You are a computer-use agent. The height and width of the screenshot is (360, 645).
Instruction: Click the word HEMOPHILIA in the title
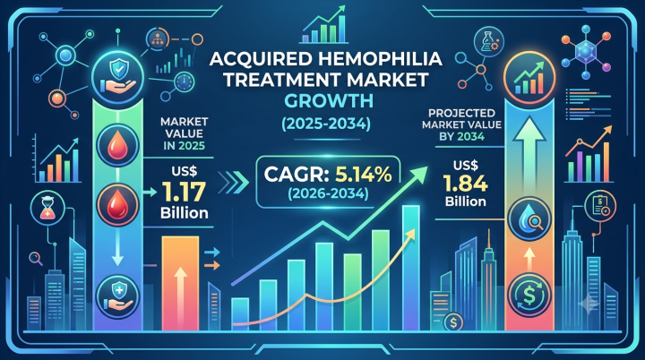[x=381, y=59]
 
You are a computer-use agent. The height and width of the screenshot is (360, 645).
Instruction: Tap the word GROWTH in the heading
[x=328, y=101]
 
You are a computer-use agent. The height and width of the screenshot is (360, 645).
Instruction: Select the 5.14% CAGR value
[x=364, y=175]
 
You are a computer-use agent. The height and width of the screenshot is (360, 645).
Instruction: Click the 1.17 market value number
[x=184, y=192]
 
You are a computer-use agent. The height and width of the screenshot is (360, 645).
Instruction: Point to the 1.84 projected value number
[x=465, y=184]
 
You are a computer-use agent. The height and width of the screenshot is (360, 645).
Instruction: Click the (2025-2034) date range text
[x=326, y=124]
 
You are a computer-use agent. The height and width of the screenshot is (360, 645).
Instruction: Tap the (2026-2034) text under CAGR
[x=328, y=193]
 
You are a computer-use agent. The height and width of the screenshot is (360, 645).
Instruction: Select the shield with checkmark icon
[x=118, y=76]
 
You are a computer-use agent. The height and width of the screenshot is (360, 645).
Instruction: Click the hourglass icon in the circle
[x=47, y=208]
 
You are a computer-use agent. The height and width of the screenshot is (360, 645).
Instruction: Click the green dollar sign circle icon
[x=529, y=295]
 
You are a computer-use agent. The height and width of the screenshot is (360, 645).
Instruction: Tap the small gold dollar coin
[x=453, y=322]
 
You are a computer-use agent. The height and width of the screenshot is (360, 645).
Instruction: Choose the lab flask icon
[x=487, y=42]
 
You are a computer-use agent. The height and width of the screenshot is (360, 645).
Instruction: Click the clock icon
[x=184, y=82]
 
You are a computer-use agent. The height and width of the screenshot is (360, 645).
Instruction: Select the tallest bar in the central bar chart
[x=411, y=268]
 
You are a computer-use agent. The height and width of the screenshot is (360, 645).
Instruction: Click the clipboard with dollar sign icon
[x=600, y=205]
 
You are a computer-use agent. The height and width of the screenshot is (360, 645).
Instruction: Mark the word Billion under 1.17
[x=184, y=213]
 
